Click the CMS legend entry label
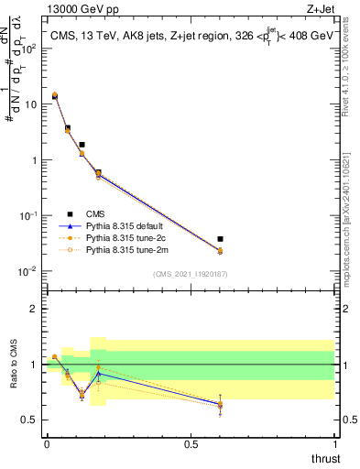pyautogui.click(x=95, y=213)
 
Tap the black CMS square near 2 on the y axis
pyautogui.click(x=82, y=145)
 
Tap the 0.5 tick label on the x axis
pyautogui.click(x=191, y=443)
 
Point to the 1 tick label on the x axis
pyautogui.click(x=335, y=443)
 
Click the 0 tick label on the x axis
pyautogui.click(x=47, y=443)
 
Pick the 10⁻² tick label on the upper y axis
pyautogui.click(x=29, y=271)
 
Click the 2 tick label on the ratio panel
pyautogui.click(x=35, y=309)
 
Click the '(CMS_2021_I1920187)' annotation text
pyautogui.click(x=191, y=273)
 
